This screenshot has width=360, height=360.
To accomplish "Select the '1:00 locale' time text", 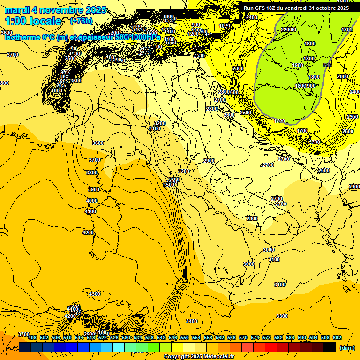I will [33, 21].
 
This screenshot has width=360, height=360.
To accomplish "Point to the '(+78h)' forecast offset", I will [81, 21].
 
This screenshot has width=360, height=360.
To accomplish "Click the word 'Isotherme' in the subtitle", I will [23, 37].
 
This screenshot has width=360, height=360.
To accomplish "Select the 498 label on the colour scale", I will [32, 338].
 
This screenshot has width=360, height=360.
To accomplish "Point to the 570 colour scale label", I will [243, 338].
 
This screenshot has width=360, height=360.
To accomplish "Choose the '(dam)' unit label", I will [347, 347].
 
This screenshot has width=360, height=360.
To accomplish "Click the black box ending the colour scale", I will [330, 347].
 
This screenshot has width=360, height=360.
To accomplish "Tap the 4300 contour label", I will [95, 294].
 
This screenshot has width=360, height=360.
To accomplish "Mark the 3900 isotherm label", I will [94, 189].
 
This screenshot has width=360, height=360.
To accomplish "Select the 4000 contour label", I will [92, 201].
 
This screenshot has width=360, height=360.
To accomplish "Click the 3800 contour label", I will [92, 172].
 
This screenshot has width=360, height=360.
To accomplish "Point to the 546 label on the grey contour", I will [327, 65].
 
